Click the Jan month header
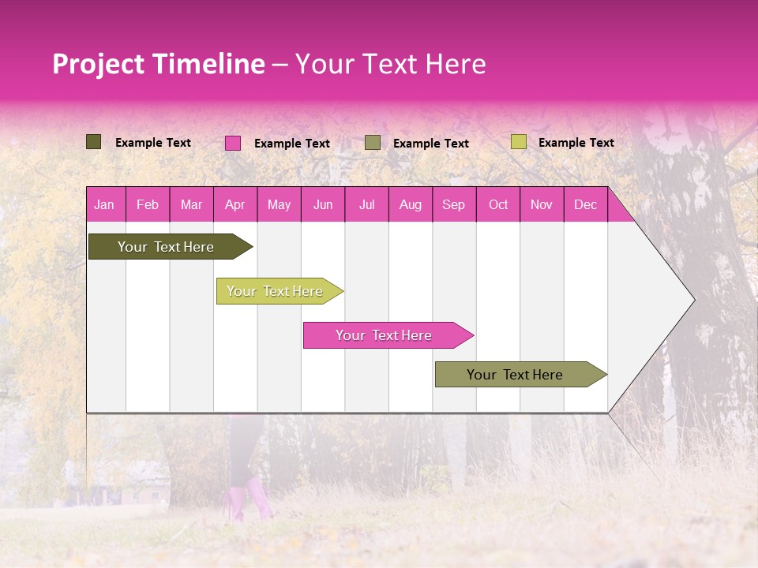(x=104, y=204)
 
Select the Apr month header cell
(x=235, y=204)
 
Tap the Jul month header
(x=366, y=204)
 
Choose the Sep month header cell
(x=453, y=204)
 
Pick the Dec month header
(x=585, y=204)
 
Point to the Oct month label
(x=498, y=204)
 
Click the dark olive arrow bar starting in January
(x=166, y=247)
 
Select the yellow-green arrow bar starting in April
(x=275, y=291)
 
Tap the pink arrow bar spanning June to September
(x=384, y=335)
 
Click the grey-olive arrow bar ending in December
(x=515, y=375)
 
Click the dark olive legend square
(x=93, y=142)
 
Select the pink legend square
(x=233, y=143)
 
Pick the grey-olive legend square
(x=373, y=143)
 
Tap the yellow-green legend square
(x=518, y=142)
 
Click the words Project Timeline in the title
(x=158, y=64)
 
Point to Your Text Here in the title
(x=390, y=64)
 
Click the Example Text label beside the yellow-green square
(x=576, y=143)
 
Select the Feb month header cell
(x=148, y=204)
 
